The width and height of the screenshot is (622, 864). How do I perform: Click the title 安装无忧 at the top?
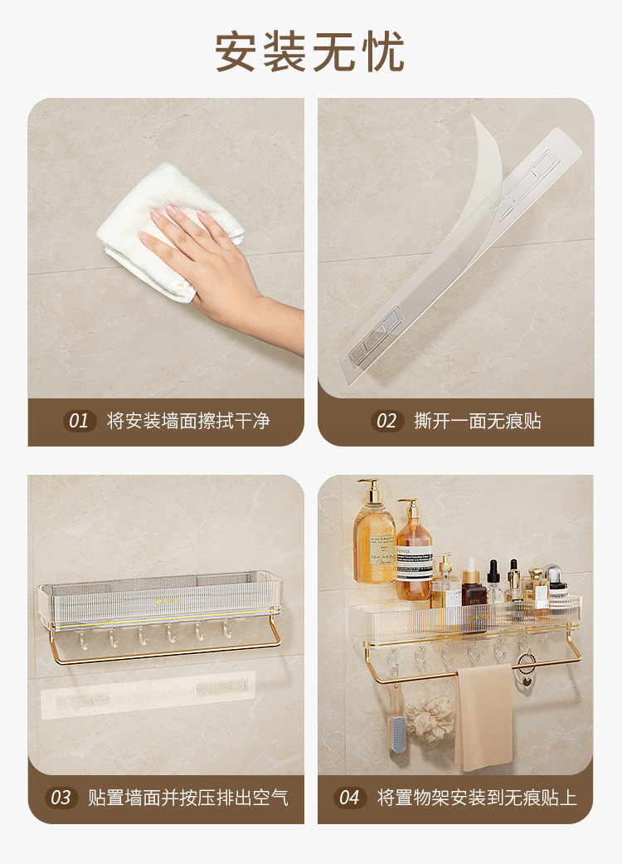click(310, 51)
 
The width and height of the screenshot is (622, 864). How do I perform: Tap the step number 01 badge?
click(78, 421)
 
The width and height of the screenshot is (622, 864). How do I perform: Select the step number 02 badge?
click(386, 421)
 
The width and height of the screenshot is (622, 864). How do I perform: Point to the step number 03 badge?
click(61, 798)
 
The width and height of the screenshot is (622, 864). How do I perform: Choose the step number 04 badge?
click(350, 798)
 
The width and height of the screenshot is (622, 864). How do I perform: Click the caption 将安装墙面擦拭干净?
click(187, 421)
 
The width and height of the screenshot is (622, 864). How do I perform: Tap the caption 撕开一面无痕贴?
click(478, 421)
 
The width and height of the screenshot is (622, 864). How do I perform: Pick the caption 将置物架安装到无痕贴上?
click(477, 798)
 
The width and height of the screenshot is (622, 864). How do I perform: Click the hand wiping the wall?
click(207, 257)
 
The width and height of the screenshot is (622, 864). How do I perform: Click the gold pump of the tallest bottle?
click(371, 490)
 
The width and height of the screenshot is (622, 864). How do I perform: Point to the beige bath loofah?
click(429, 717)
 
